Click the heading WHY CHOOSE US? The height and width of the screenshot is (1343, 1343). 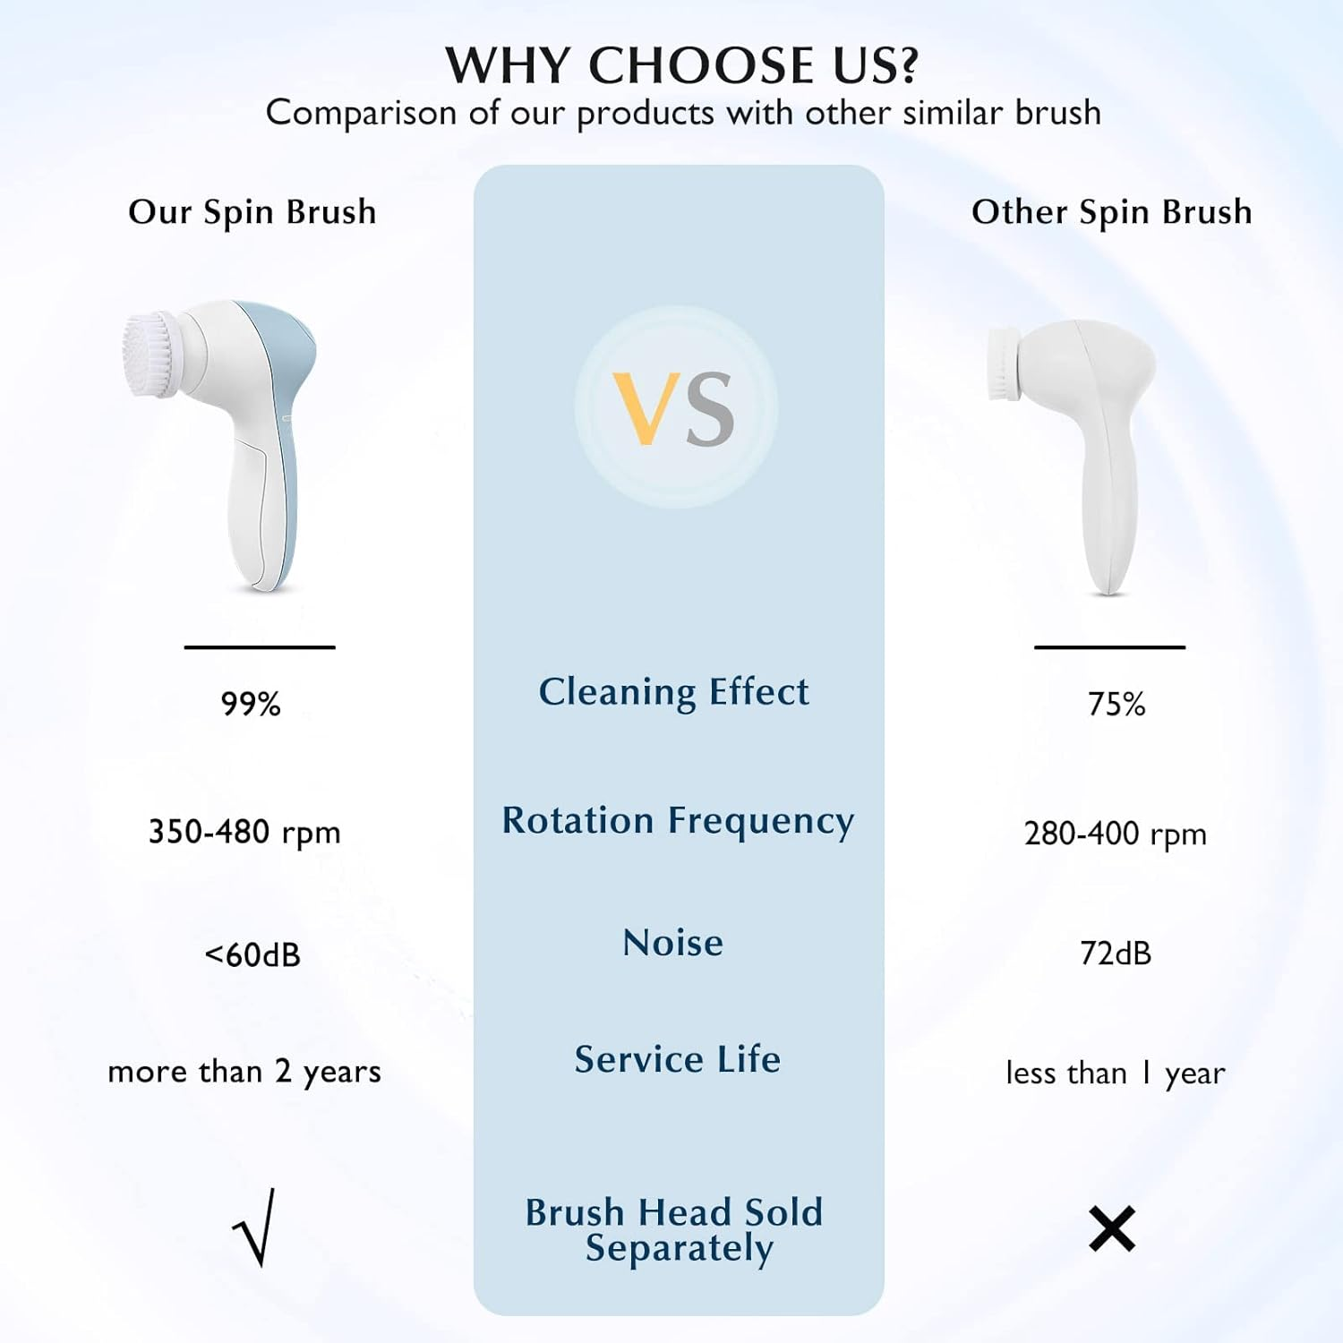pos(681,65)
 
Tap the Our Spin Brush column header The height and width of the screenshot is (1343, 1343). pos(252,212)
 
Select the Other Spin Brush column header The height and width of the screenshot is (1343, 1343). pos(1111,212)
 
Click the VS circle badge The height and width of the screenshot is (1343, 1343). pos(676,407)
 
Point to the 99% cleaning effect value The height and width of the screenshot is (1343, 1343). pos(251,704)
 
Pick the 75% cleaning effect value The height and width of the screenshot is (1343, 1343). pos(1116,704)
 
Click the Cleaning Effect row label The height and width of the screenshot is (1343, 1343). pos(673,692)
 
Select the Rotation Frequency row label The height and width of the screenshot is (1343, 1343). pos(678,821)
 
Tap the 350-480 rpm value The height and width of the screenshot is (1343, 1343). pos(244,832)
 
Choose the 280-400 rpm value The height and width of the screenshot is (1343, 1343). pos(1115,834)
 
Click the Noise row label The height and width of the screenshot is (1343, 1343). pos(673,943)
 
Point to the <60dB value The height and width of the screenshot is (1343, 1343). pos(252,954)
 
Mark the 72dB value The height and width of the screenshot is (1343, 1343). pos(1116,954)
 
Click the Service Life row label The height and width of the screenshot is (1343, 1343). pos(677,1059)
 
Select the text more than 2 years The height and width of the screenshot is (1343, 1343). pos(244,1072)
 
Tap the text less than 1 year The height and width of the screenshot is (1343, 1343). pos(1115,1073)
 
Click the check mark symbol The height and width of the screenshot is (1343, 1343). pos(254,1228)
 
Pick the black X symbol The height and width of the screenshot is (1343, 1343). pos(1112,1228)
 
